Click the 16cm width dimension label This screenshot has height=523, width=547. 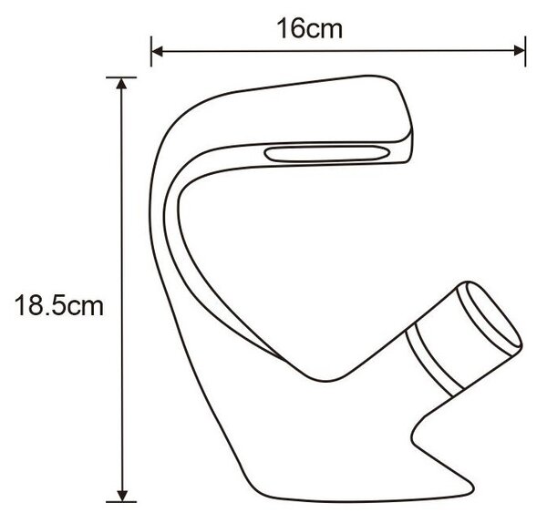[309, 28]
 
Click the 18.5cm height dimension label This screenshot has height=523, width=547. [59, 306]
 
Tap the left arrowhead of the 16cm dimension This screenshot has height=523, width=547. [158, 51]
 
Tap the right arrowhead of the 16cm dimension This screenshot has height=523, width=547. [519, 50]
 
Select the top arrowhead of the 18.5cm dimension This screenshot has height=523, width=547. [121, 84]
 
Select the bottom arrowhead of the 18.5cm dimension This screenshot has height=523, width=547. [122, 496]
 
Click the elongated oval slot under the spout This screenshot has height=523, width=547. [327, 154]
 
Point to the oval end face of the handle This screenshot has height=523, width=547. [494, 315]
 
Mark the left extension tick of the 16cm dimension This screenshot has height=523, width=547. [151, 51]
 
